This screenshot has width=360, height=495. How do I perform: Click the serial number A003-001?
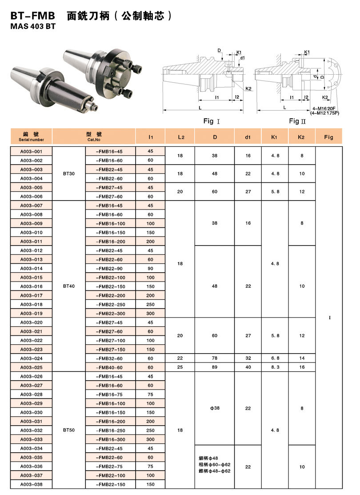32,151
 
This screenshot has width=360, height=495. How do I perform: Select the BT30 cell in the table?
69,173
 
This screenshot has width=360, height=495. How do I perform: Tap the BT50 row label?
69,430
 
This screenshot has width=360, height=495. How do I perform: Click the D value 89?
215,367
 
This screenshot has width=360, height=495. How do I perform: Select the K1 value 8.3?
275,367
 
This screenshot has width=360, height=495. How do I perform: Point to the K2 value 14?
302,358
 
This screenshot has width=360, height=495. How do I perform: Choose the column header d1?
248,137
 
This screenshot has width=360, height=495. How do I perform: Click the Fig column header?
329,137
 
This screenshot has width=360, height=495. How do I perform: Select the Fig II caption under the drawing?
298,121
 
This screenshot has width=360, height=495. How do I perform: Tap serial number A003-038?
32,484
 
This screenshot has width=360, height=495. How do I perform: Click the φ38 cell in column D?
215,407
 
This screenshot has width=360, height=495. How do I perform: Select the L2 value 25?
180,367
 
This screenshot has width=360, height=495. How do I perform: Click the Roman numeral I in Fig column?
329,318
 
